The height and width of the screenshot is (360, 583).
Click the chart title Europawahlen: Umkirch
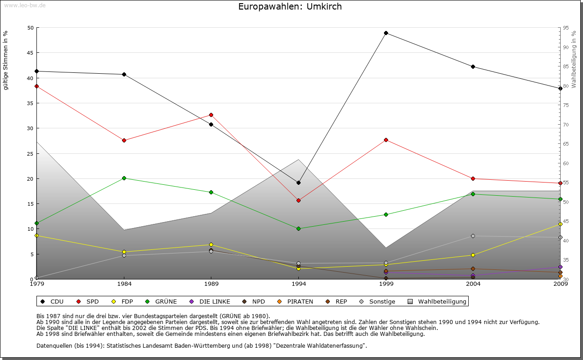[290, 7]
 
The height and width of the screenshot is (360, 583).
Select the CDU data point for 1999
[386, 33]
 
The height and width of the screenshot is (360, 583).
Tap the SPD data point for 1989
[211, 115]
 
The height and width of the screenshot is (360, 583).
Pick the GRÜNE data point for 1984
[124, 178]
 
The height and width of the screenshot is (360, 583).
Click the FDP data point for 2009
[560, 224]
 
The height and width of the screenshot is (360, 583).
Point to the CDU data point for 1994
[298, 183]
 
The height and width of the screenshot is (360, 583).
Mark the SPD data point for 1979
[36, 86]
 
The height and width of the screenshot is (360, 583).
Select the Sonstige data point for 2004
[473, 236]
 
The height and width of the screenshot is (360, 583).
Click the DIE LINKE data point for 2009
[560, 267]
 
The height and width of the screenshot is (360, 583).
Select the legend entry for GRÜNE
[162, 301]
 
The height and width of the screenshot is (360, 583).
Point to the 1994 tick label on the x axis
[299, 284]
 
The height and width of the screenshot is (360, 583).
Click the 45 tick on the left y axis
[31, 53]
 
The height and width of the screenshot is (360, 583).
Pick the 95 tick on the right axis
[566, 28]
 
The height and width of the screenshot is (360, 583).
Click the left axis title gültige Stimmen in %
[6, 61]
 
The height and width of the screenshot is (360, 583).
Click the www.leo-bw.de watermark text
[24, 5]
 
